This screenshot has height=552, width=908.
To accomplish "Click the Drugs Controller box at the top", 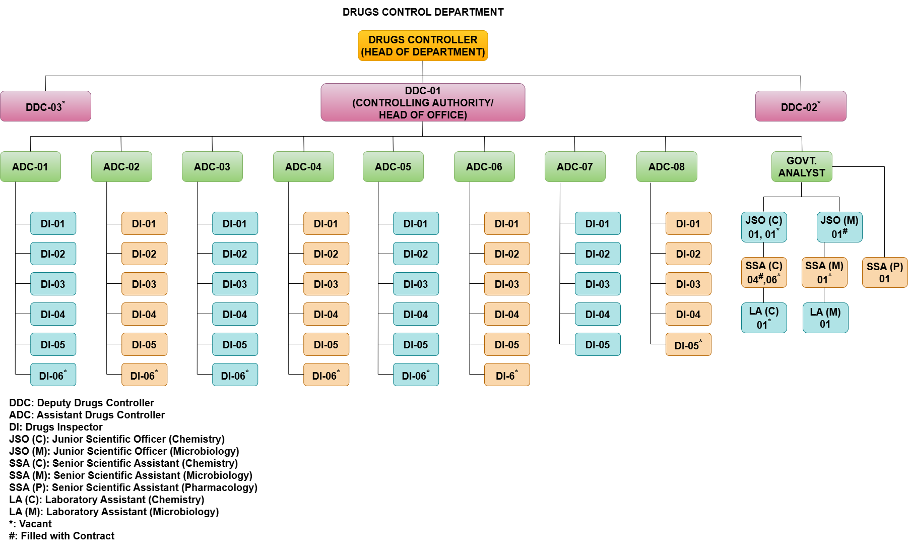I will [423, 46].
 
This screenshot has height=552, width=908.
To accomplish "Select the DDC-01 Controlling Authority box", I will [423, 103].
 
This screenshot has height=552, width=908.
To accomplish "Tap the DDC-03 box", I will [45, 106].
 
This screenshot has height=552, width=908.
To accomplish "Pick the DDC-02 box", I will [801, 106].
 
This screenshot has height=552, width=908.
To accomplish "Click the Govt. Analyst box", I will [802, 167].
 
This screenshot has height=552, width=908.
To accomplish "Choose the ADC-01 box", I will [30, 167].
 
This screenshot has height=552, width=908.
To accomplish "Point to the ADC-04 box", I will [303, 167].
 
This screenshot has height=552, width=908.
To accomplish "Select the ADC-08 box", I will [667, 167].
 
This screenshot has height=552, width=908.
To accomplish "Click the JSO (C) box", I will [764, 227].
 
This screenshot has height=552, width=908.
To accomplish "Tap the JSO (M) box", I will [839, 227].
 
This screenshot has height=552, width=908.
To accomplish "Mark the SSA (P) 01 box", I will [885, 273].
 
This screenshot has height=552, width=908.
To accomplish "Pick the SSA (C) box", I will [764, 273].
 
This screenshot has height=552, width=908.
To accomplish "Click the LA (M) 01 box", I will [825, 318].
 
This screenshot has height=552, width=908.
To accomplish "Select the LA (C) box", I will [764, 318].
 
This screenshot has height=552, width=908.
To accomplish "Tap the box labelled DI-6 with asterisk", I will [507, 375].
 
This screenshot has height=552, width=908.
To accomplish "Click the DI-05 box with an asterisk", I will [688, 345].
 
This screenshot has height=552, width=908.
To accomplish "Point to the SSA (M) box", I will [824, 273].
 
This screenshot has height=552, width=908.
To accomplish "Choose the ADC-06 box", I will [484, 167].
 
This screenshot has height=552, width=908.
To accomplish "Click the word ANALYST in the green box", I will [802, 173].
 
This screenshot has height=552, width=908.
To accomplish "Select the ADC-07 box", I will [575, 167].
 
